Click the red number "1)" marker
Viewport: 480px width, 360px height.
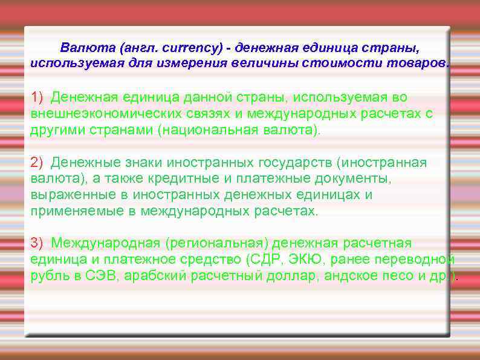[37, 97]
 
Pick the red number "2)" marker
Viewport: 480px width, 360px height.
[37, 162]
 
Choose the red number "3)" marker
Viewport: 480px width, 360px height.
[37, 243]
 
